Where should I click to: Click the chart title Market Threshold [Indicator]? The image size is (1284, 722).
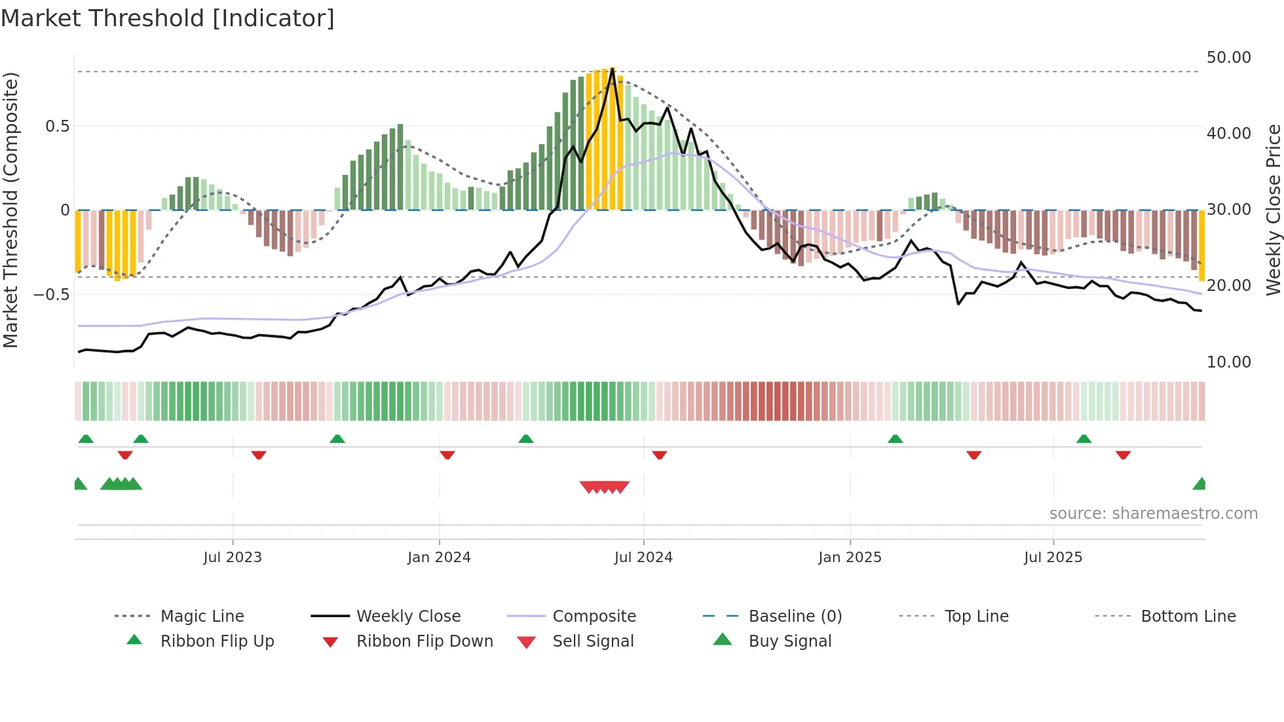pos(168,18)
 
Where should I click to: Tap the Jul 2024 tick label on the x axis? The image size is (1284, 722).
pos(643,558)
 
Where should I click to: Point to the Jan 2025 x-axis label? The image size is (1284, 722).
pos(850,558)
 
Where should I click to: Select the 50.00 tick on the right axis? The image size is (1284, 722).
pos(1228,58)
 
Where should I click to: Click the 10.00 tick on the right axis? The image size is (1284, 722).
pos(1228,362)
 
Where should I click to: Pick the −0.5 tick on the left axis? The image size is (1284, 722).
pos(51,294)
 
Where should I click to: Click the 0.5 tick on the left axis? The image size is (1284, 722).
pos(57,126)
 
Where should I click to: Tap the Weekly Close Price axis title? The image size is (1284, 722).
pos(1273,210)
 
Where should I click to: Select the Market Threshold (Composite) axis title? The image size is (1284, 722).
pos(10,210)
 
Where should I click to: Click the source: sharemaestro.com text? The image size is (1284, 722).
pos(1153,514)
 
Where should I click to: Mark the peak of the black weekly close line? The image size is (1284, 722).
pos(613,69)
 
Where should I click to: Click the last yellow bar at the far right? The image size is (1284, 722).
pos(1202,246)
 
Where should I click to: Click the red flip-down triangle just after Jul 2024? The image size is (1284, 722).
pos(660,455)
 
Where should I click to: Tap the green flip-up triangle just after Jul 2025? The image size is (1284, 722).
pos(1084,439)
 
